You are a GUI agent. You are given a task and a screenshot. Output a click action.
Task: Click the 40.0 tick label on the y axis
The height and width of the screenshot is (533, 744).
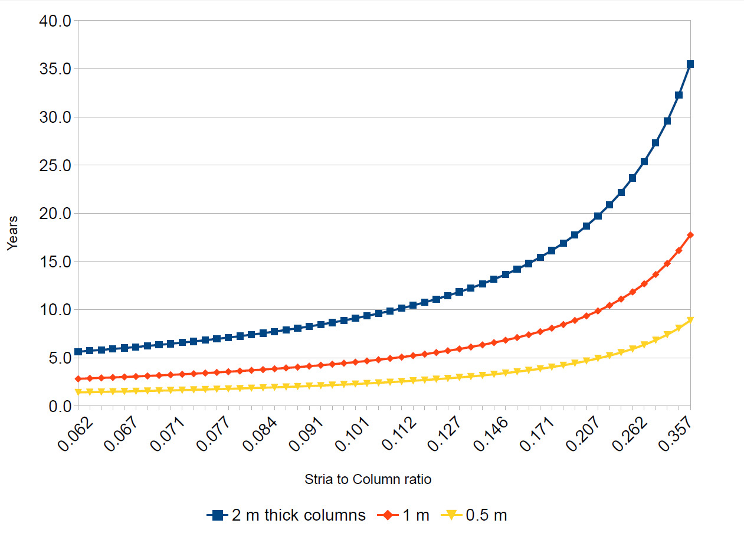54,21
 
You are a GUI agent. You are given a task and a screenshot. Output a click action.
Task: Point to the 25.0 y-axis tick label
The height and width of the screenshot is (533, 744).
54,166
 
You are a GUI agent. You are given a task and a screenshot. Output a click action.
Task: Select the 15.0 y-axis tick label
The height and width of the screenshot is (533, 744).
54,262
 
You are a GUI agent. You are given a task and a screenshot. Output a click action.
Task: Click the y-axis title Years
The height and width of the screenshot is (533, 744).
13,233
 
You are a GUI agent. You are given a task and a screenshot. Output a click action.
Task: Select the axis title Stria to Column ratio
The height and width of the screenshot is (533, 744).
368,479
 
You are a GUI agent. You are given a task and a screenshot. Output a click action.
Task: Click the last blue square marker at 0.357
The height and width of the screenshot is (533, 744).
690,64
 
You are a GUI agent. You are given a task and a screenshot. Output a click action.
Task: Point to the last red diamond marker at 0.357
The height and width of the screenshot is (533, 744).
690,235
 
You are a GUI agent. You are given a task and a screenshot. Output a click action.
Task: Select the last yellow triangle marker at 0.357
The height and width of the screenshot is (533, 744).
690,321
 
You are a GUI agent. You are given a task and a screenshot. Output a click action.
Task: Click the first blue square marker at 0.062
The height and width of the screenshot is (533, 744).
78,352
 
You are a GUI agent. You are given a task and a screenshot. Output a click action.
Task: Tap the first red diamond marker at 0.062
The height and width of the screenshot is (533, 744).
78,379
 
